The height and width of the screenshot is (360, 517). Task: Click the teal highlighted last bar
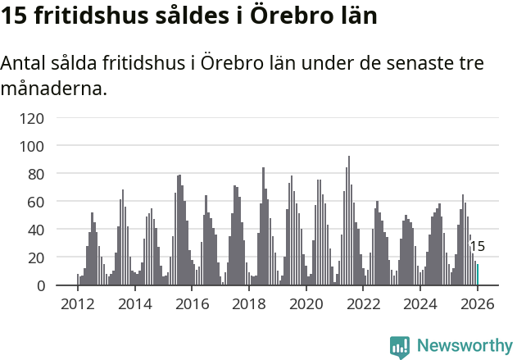click(x=478, y=275)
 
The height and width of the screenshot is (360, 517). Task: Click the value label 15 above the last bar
click(x=477, y=246)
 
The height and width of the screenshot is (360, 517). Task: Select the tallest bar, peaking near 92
click(x=349, y=221)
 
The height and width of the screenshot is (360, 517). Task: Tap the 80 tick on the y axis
click(x=35, y=174)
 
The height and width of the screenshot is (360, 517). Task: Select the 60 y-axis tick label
click(x=35, y=202)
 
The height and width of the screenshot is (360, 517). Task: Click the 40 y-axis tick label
click(x=35, y=230)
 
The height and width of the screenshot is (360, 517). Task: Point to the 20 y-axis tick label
click(x=35, y=257)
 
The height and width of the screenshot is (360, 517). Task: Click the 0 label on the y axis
click(x=39, y=285)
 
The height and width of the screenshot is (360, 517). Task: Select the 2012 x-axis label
click(x=78, y=304)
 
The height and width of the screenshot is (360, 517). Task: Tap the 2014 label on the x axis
click(x=135, y=304)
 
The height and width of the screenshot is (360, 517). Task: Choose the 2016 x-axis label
click(x=192, y=304)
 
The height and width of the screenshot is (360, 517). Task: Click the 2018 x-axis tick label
click(x=249, y=304)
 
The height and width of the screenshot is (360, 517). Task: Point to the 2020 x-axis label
click(x=306, y=304)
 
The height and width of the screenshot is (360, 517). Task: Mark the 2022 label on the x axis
click(x=364, y=304)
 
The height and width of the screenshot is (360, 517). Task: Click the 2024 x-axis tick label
click(x=420, y=304)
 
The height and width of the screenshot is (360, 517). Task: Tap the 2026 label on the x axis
click(x=477, y=304)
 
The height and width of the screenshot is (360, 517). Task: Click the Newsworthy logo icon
click(x=400, y=346)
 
